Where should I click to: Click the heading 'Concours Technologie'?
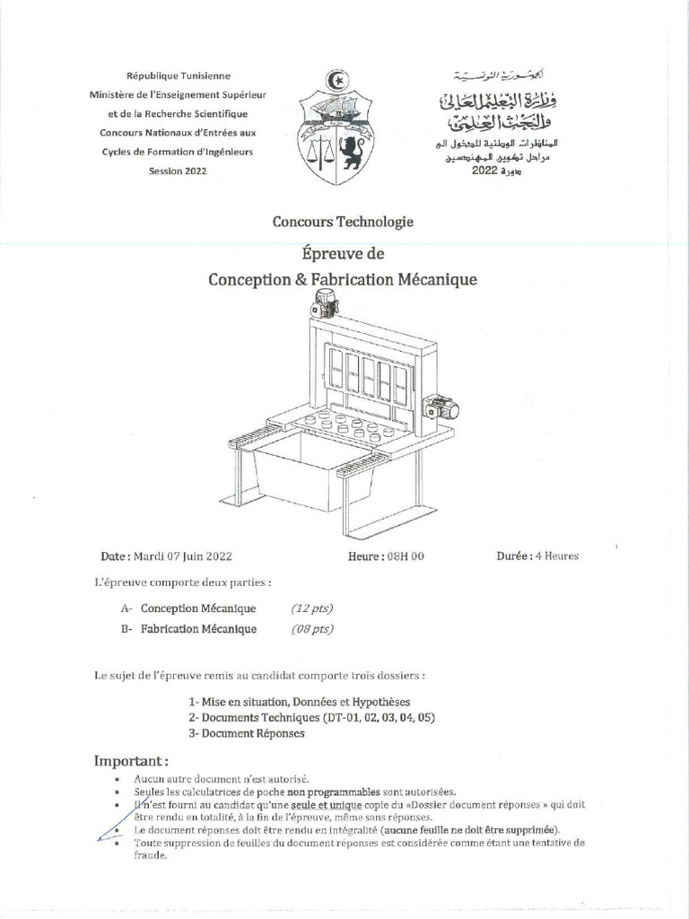click(344, 222)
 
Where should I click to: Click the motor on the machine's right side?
click(441, 409)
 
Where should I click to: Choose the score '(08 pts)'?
click(312, 629)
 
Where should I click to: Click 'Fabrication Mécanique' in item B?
click(198, 629)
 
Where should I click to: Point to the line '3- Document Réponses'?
click(247, 733)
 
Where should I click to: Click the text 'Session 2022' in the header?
click(177, 171)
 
